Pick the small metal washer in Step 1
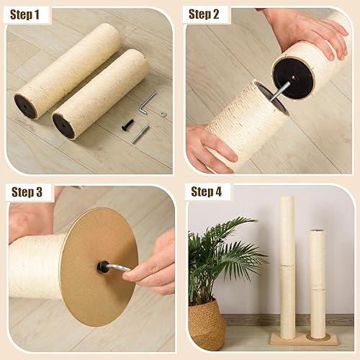(163, 112)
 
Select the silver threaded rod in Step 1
(140, 134)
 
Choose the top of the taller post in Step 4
(287, 199)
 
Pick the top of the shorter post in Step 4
(316, 233)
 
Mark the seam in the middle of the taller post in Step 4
(287, 266)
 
